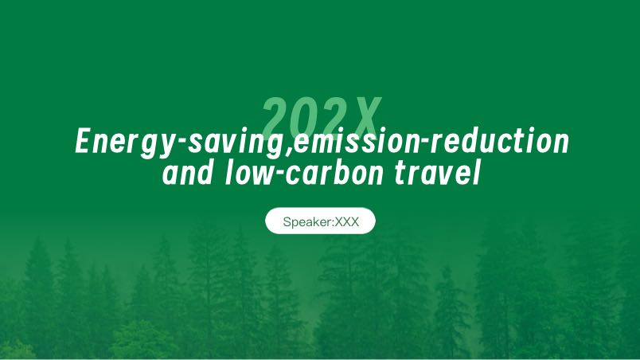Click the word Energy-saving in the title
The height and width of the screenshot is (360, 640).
(x=181, y=142)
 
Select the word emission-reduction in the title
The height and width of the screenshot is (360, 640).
(x=431, y=141)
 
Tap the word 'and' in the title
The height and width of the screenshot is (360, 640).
(x=187, y=172)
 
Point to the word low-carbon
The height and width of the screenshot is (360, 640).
(x=304, y=172)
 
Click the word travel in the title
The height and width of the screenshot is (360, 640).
(x=437, y=172)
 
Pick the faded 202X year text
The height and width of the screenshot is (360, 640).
(x=322, y=119)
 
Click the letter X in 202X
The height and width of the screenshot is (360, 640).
(x=364, y=119)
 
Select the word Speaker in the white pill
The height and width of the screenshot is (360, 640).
(x=308, y=222)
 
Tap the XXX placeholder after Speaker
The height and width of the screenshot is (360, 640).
(x=347, y=221)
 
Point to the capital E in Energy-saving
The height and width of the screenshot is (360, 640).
(x=84, y=140)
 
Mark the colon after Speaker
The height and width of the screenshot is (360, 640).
(x=334, y=223)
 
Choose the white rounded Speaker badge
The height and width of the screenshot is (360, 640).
(x=321, y=221)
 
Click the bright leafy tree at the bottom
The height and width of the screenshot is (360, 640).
(x=141, y=339)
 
